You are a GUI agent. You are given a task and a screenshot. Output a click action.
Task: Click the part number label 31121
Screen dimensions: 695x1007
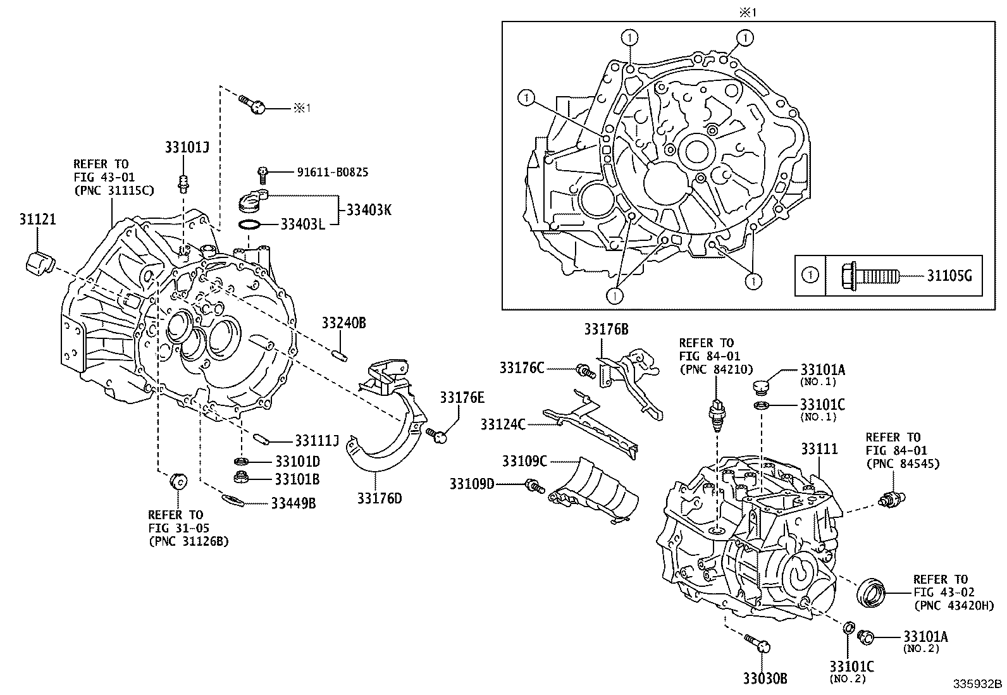(x=37, y=219)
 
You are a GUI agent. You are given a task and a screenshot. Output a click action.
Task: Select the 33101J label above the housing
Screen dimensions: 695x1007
(x=187, y=147)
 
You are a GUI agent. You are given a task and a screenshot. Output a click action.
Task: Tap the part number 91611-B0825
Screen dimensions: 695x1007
(x=333, y=172)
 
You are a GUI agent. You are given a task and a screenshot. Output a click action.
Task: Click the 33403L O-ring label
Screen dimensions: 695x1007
(x=302, y=224)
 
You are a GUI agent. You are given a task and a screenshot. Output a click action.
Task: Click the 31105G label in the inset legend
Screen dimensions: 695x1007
(x=949, y=276)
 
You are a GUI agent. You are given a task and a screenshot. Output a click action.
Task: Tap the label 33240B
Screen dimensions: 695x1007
(x=343, y=323)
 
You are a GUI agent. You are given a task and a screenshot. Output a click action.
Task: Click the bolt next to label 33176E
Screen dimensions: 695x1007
(x=438, y=434)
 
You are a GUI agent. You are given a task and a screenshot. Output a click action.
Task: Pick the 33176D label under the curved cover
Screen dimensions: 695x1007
(x=379, y=498)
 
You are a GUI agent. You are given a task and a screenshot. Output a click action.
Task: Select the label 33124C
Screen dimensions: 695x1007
(x=503, y=424)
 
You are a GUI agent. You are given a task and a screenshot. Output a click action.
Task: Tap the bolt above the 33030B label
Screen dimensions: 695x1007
(x=757, y=643)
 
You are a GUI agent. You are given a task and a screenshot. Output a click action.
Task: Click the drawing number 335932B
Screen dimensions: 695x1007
(x=978, y=684)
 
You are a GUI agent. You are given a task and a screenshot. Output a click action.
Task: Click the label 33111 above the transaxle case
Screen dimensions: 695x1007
(x=819, y=449)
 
